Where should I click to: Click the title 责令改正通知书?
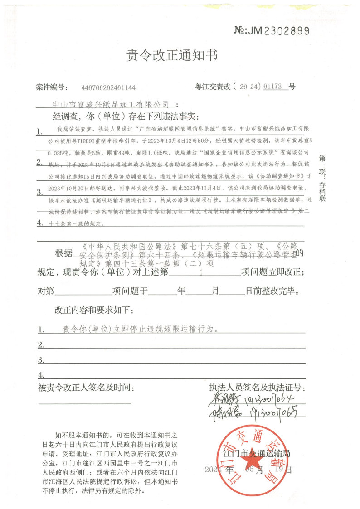click(x=172, y=56)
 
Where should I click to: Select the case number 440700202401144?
click(x=108, y=88)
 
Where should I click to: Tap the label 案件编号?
click(x=52, y=87)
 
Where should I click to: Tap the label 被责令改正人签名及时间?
click(x=86, y=388)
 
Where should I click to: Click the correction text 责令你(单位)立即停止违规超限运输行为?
click(x=137, y=329)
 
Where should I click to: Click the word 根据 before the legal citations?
click(x=63, y=253)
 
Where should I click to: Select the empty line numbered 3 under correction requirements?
click(x=172, y=360)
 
